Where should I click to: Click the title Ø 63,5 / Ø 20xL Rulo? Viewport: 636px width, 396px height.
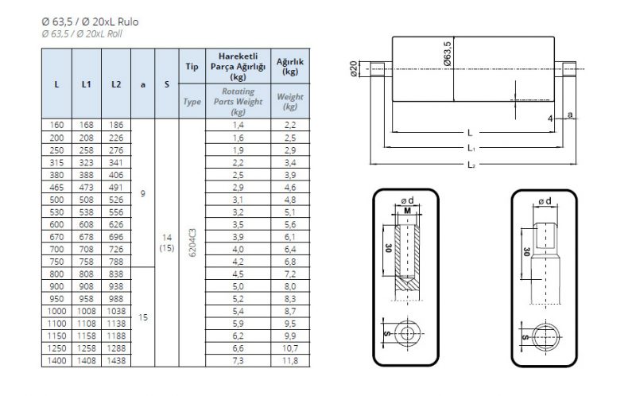(x=90, y=22)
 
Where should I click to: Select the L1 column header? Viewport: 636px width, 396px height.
(x=87, y=84)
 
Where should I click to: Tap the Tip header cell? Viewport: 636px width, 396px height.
(x=192, y=66)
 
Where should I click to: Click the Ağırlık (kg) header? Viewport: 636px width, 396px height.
(x=290, y=67)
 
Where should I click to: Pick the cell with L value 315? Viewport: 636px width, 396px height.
(x=56, y=162)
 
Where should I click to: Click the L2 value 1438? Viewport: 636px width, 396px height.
(x=116, y=360)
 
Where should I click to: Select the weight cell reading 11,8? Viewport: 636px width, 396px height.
(x=290, y=360)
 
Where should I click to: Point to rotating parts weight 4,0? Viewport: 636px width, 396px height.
(x=238, y=249)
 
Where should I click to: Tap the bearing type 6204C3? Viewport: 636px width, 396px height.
(x=192, y=243)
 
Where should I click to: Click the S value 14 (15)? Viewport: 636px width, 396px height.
(x=167, y=243)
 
